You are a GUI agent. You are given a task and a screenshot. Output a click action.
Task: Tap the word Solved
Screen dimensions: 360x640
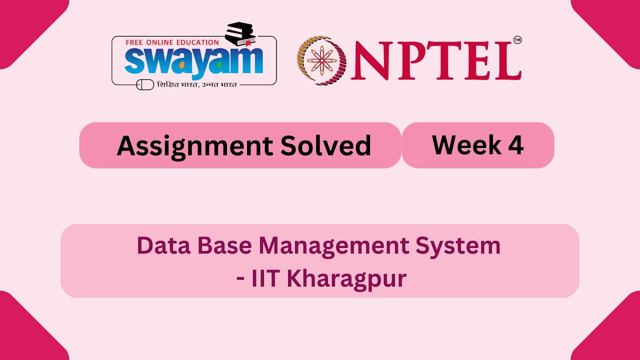click(325, 145)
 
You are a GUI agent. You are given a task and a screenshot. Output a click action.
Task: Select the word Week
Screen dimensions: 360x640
click(459, 145)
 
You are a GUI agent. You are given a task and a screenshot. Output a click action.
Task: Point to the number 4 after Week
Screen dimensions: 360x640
click(515, 145)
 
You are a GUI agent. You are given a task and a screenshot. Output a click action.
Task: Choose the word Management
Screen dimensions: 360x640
click(339, 246)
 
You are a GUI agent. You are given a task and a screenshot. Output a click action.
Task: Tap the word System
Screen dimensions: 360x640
click(462, 246)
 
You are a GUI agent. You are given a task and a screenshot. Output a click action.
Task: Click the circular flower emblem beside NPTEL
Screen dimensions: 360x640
click(321, 60)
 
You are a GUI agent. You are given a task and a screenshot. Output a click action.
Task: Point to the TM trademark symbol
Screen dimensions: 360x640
click(517, 40)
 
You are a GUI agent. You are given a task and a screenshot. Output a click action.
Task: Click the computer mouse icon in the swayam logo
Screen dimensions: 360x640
click(145, 84)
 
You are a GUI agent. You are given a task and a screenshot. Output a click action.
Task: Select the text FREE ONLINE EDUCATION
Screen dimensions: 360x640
click(172, 42)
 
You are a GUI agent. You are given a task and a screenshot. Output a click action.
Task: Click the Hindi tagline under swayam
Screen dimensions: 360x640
click(196, 84)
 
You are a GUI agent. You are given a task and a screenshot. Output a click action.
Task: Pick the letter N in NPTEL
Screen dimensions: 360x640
click(372, 60)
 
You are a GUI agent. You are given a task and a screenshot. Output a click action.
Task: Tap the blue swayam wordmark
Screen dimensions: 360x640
click(194, 61)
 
